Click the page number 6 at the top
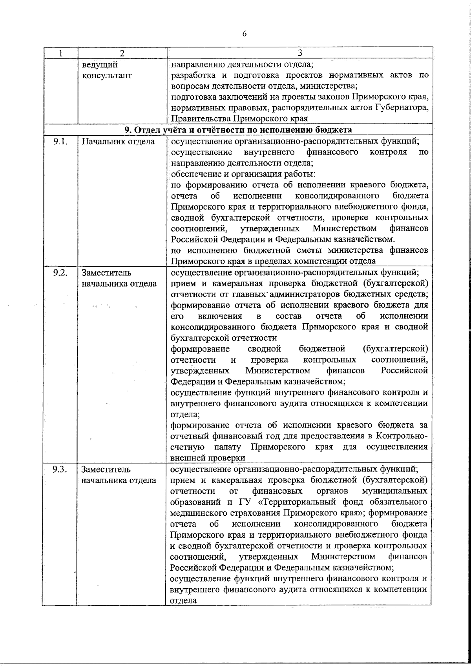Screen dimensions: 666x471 [x=244, y=34]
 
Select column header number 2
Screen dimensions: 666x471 [x=122, y=53]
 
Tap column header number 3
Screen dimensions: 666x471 [x=300, y=53]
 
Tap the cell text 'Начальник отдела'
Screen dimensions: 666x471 [x=118, y=142]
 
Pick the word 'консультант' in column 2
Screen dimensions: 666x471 [x=107, y=75]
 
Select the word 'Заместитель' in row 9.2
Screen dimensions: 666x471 [x=106, y=273]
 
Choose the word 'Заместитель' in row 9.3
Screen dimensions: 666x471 [x=106, y=469]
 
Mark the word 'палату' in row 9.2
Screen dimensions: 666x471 [x=227, y=447]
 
